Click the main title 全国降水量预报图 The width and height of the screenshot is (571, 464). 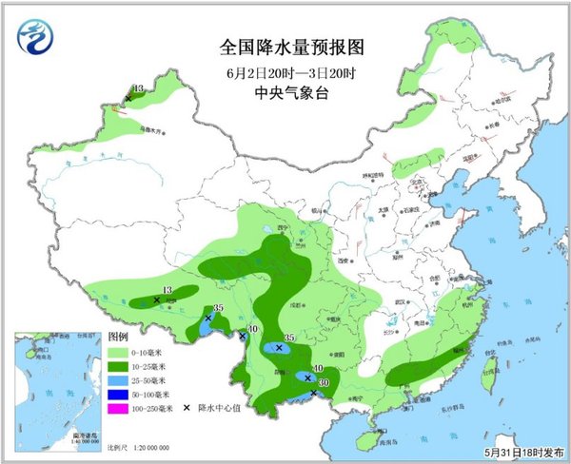click(x=285, y=47)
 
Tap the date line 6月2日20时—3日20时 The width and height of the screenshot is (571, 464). click(x=285, y=71)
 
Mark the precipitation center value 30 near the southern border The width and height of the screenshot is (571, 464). click(x=323, y=383)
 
